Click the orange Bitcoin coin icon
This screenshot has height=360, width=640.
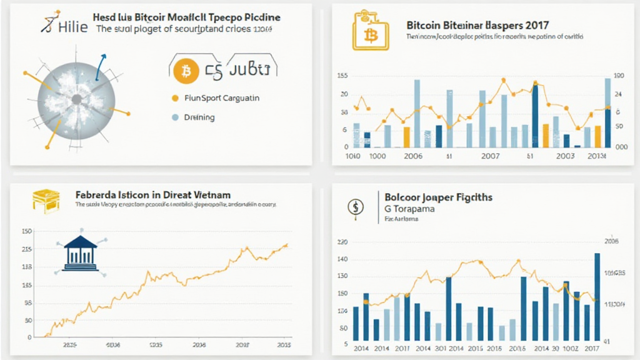tap(186, 72)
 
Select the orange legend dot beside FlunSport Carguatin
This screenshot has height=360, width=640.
tap(176, 98)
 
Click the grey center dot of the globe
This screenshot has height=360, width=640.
tap(76, 99)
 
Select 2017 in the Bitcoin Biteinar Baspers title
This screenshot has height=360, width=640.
tap(537, 26)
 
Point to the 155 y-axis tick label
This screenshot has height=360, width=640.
tap(342, 76)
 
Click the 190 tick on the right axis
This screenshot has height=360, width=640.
tap(619, 76)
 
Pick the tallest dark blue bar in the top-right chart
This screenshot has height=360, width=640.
tap(535, 116)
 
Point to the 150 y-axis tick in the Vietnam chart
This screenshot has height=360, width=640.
tap(26, 231)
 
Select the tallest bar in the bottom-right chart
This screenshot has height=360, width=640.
tap(597, 296)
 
